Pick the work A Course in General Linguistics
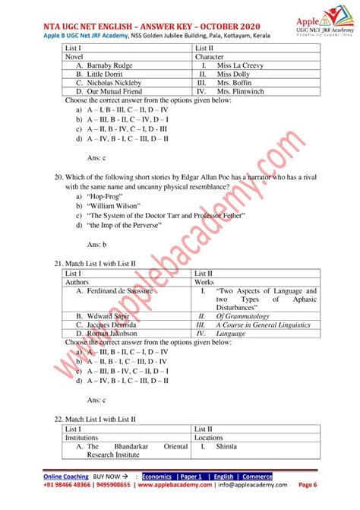[263, 325]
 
